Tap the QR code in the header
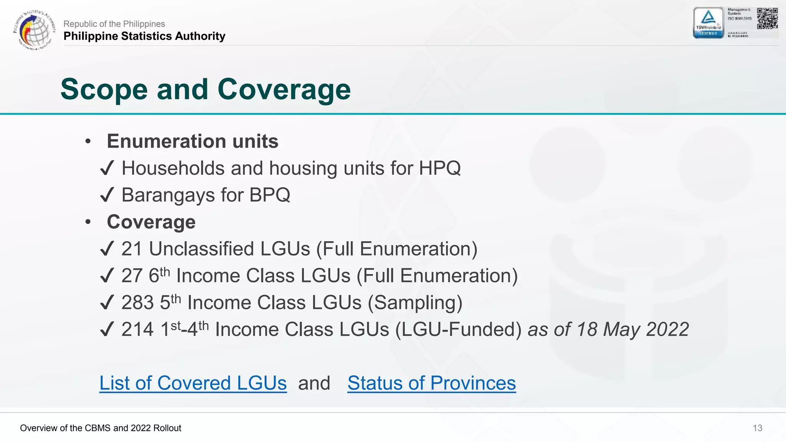pyautogui.click(x=767, y=18)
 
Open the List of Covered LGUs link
pyautogui.click(x=193, y=383)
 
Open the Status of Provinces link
pyautogui.click(x=431, y=383)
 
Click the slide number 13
pyautogui.click(x=757, y=428)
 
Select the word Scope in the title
pyautogui.click(x=104, y=89)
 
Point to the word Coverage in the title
pyautogui.click(x=284, y=89)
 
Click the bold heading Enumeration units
pyautogui.click(x=192, y=141)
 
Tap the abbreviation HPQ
pyautogui.click(x=439, y=168)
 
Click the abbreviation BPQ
pyautogui.click(x=270, y=195)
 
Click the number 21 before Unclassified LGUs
pyautogui.click(x=132, y=249)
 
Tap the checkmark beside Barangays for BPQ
pyautogui.click(x=107, y=195)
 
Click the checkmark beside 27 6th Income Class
pyautogui.click(x=107, y=276)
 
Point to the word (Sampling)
pyautogui.click(x=415, y=303)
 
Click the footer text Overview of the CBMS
pyautogui.click(x=101, y=428)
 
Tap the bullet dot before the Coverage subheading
pyautogui.click(x=88, y=222)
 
